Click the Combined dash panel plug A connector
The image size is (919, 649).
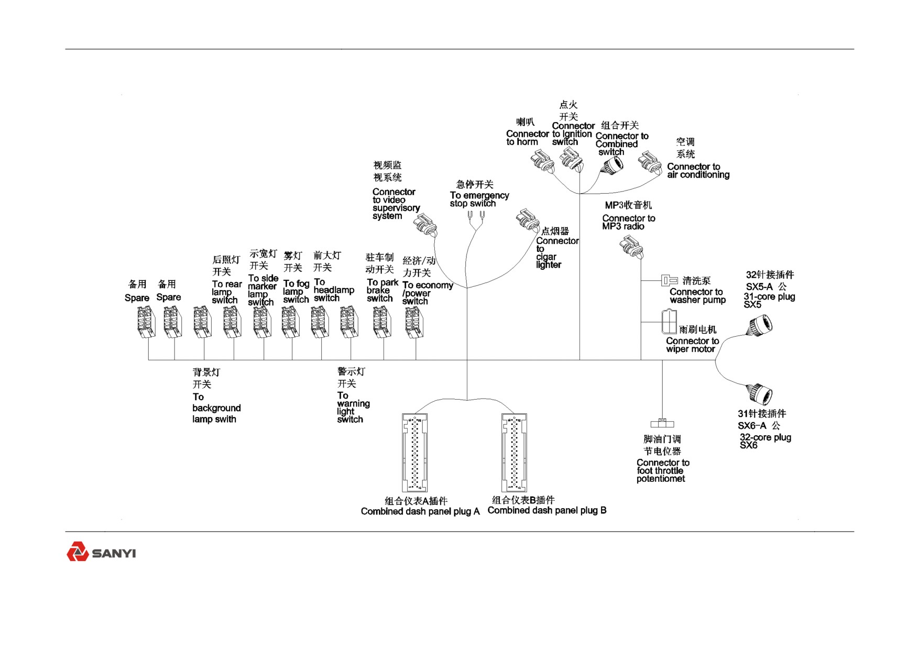(414, 453)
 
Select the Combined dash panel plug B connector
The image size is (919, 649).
(514, 453)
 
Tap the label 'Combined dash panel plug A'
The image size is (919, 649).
(420, 511)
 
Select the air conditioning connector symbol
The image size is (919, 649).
(650, 162)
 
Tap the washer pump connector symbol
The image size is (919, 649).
(669, 280)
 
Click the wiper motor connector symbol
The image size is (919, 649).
(669, 322)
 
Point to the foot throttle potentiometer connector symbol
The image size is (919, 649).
(662, 423)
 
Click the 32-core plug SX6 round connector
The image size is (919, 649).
(760, 394)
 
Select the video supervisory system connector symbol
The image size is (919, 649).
(425, 226)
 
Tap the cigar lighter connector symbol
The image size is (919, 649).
(528, 221)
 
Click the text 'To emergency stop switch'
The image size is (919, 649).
(479, 200)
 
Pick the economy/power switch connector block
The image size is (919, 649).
(414, 323)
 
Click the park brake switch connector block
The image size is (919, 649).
(382, 323)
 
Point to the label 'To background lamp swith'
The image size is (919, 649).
(216, 408)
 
